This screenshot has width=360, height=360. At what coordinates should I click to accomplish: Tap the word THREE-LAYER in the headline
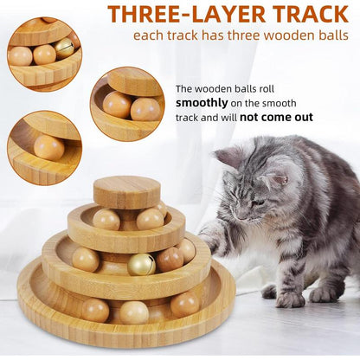[187, 14]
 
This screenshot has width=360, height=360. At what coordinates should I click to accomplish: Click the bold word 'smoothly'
[202, 103]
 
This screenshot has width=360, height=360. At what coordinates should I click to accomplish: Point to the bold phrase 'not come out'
[276, 118]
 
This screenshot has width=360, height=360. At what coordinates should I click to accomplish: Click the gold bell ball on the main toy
[141, 265]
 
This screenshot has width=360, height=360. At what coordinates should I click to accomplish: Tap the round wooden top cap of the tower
[126, 192]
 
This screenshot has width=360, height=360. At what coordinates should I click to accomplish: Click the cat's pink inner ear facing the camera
[280, 180]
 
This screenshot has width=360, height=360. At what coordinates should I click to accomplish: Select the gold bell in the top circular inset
[64, 48]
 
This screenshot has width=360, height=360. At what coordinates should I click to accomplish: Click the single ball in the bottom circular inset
[49, 147]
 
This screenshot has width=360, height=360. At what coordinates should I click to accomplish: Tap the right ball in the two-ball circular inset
[145, 109]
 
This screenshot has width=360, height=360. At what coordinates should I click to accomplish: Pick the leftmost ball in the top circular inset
[20, 56]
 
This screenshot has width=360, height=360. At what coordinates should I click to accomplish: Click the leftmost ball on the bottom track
[95, 310]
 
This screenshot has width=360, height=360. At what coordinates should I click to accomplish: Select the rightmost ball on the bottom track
[184, 305]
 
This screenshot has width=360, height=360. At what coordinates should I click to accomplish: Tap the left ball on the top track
[106, 220]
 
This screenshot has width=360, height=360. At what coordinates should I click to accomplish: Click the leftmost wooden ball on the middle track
[86, 260]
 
